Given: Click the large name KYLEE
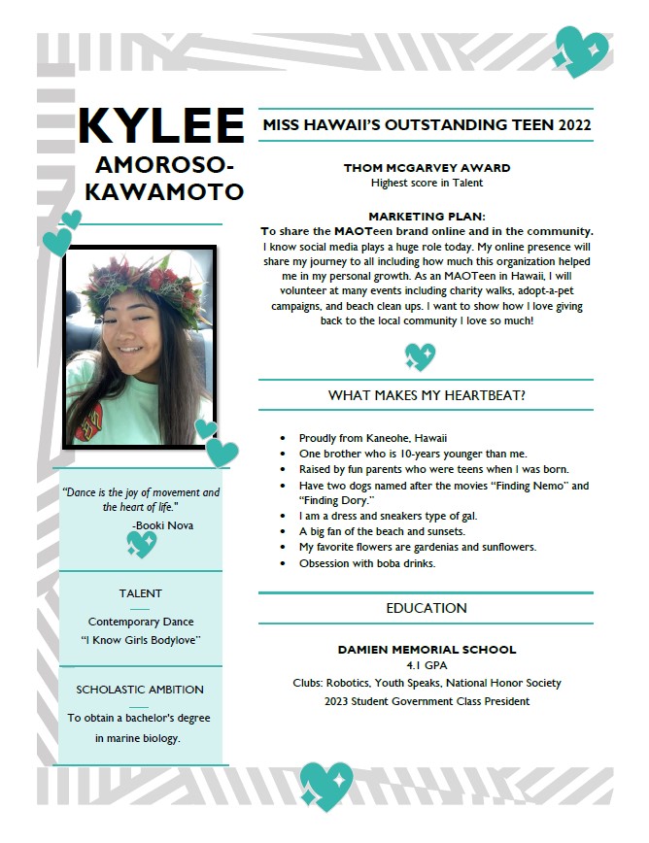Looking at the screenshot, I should pyautogui.click(x=160, y=126).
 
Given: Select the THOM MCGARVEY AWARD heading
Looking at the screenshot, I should pyautogui.click(x=427, y=168).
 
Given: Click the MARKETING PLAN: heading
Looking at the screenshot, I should pyautogui.click(x=427, y=216).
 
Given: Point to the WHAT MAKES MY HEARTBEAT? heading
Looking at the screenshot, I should pyautogui.click(x=426, y=395).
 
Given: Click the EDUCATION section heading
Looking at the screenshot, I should pyautogui.click(x=426, y=608).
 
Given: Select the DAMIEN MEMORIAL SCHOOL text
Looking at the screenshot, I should pyautogui.click(x=427, y=649).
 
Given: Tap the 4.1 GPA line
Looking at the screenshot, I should pyautogui.click(x=427, y=666).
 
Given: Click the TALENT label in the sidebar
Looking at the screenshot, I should pyautogui.click(x=141, y=593).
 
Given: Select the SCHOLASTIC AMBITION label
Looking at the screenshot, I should pyautogui.click(x=140, y=690).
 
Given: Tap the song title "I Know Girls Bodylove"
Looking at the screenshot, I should pyautogui.click(x=141, y=640).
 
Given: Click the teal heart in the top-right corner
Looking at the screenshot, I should pyautogui.click(x=582, y=51).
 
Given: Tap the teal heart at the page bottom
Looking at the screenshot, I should pyautogui.click(x=325, y=785).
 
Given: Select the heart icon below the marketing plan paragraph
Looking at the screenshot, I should pyautogui.click(x=420, y=356).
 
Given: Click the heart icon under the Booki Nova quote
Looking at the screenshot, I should pyautogui.click(x=142, y=544).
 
